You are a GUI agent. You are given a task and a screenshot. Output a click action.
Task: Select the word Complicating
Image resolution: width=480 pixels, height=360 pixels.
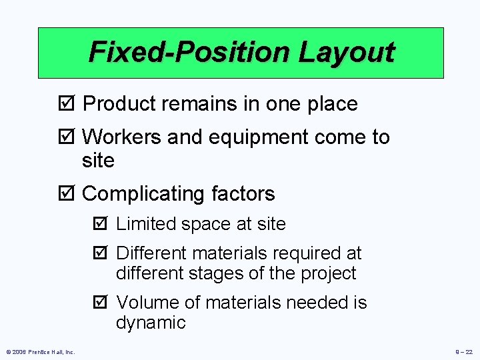coord(144,195)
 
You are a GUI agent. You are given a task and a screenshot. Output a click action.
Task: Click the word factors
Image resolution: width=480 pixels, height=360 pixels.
coord(243,194)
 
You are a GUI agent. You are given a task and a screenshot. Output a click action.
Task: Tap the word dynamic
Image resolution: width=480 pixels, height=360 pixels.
coord(151,323)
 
